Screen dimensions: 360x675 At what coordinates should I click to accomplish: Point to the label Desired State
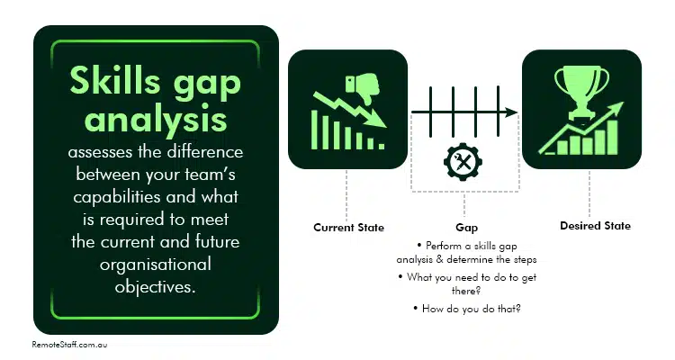point(590,226)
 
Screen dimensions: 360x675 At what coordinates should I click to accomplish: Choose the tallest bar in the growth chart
point(612,136)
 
